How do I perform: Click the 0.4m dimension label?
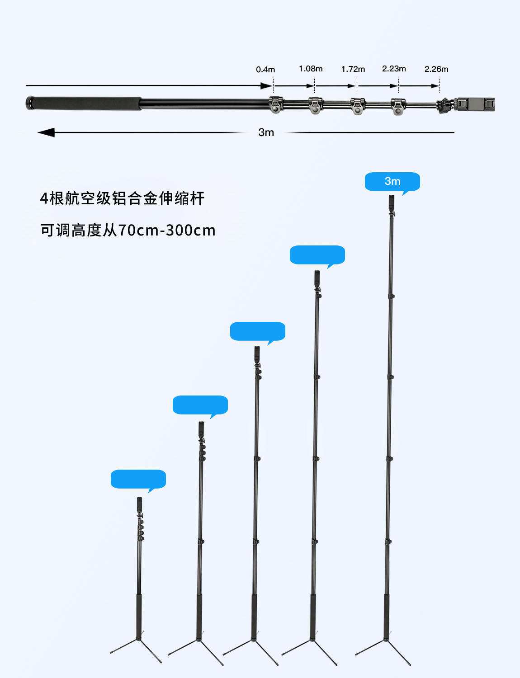click(x=265, y=70)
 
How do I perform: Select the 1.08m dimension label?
click(x=311, y=69)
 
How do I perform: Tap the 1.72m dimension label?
click(x=353, y=69)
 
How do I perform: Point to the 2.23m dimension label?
click(x=394, y=69)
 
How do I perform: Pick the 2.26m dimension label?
click(x=436, y=69)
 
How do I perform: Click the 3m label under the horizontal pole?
click(x=266, y=132)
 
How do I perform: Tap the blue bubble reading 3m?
click(x=392, y=182)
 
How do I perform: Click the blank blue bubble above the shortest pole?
click(x=138, y=479)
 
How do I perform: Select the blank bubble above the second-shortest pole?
click(x=200, y=405)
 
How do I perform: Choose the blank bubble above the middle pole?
click(x=258, y=331)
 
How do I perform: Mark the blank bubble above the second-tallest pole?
click(x=317, y=255)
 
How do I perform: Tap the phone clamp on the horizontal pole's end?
click(x=475, y=104)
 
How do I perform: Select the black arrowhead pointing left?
click(x=46, y=132)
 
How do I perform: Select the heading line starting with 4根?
click(x=122, y=198)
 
